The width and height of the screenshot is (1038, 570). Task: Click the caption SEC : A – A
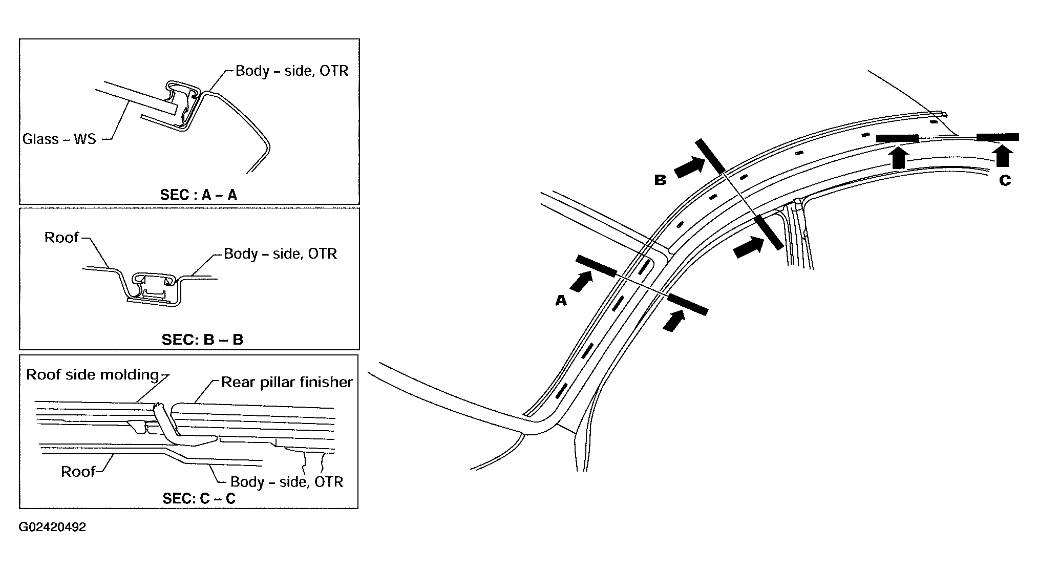199,195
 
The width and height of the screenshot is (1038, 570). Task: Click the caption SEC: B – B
202,340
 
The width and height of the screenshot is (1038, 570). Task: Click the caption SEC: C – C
199,498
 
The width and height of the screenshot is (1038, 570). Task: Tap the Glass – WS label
59,139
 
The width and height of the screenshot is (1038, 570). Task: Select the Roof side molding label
93,374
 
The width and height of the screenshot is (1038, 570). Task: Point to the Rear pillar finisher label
287,382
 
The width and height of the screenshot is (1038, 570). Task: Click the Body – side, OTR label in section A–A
292,71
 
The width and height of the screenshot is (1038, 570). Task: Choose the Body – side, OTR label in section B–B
281,254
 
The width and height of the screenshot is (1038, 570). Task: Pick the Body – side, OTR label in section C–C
287,482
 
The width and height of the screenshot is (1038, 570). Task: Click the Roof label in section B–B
61,237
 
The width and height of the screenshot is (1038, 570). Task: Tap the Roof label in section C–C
78,471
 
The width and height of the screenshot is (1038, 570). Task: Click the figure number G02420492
53,527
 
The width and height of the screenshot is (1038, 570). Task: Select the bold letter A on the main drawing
561,301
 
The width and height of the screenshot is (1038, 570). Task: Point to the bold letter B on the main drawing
660,180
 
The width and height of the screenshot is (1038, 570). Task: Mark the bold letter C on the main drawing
1005,180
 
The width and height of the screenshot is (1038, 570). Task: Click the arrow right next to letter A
581,281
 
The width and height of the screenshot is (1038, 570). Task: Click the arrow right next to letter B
689,167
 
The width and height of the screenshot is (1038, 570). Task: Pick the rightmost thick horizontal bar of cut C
998,137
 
